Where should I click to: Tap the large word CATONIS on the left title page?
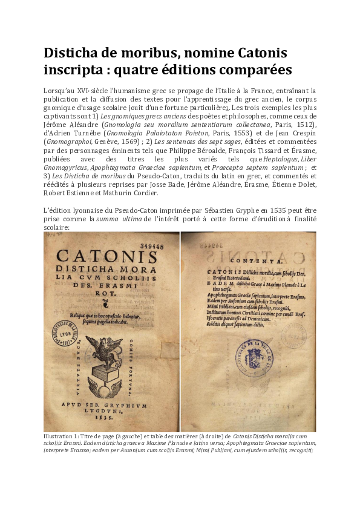point(111,259)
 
